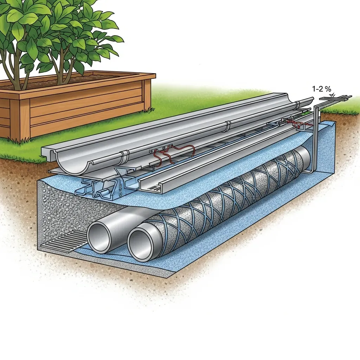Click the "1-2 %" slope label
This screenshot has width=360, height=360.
pos(321,89)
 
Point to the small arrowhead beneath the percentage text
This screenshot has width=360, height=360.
pos(333,95)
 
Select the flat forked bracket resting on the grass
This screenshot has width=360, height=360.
pos(335,98)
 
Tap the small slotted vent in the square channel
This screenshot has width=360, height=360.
pos(155,188)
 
